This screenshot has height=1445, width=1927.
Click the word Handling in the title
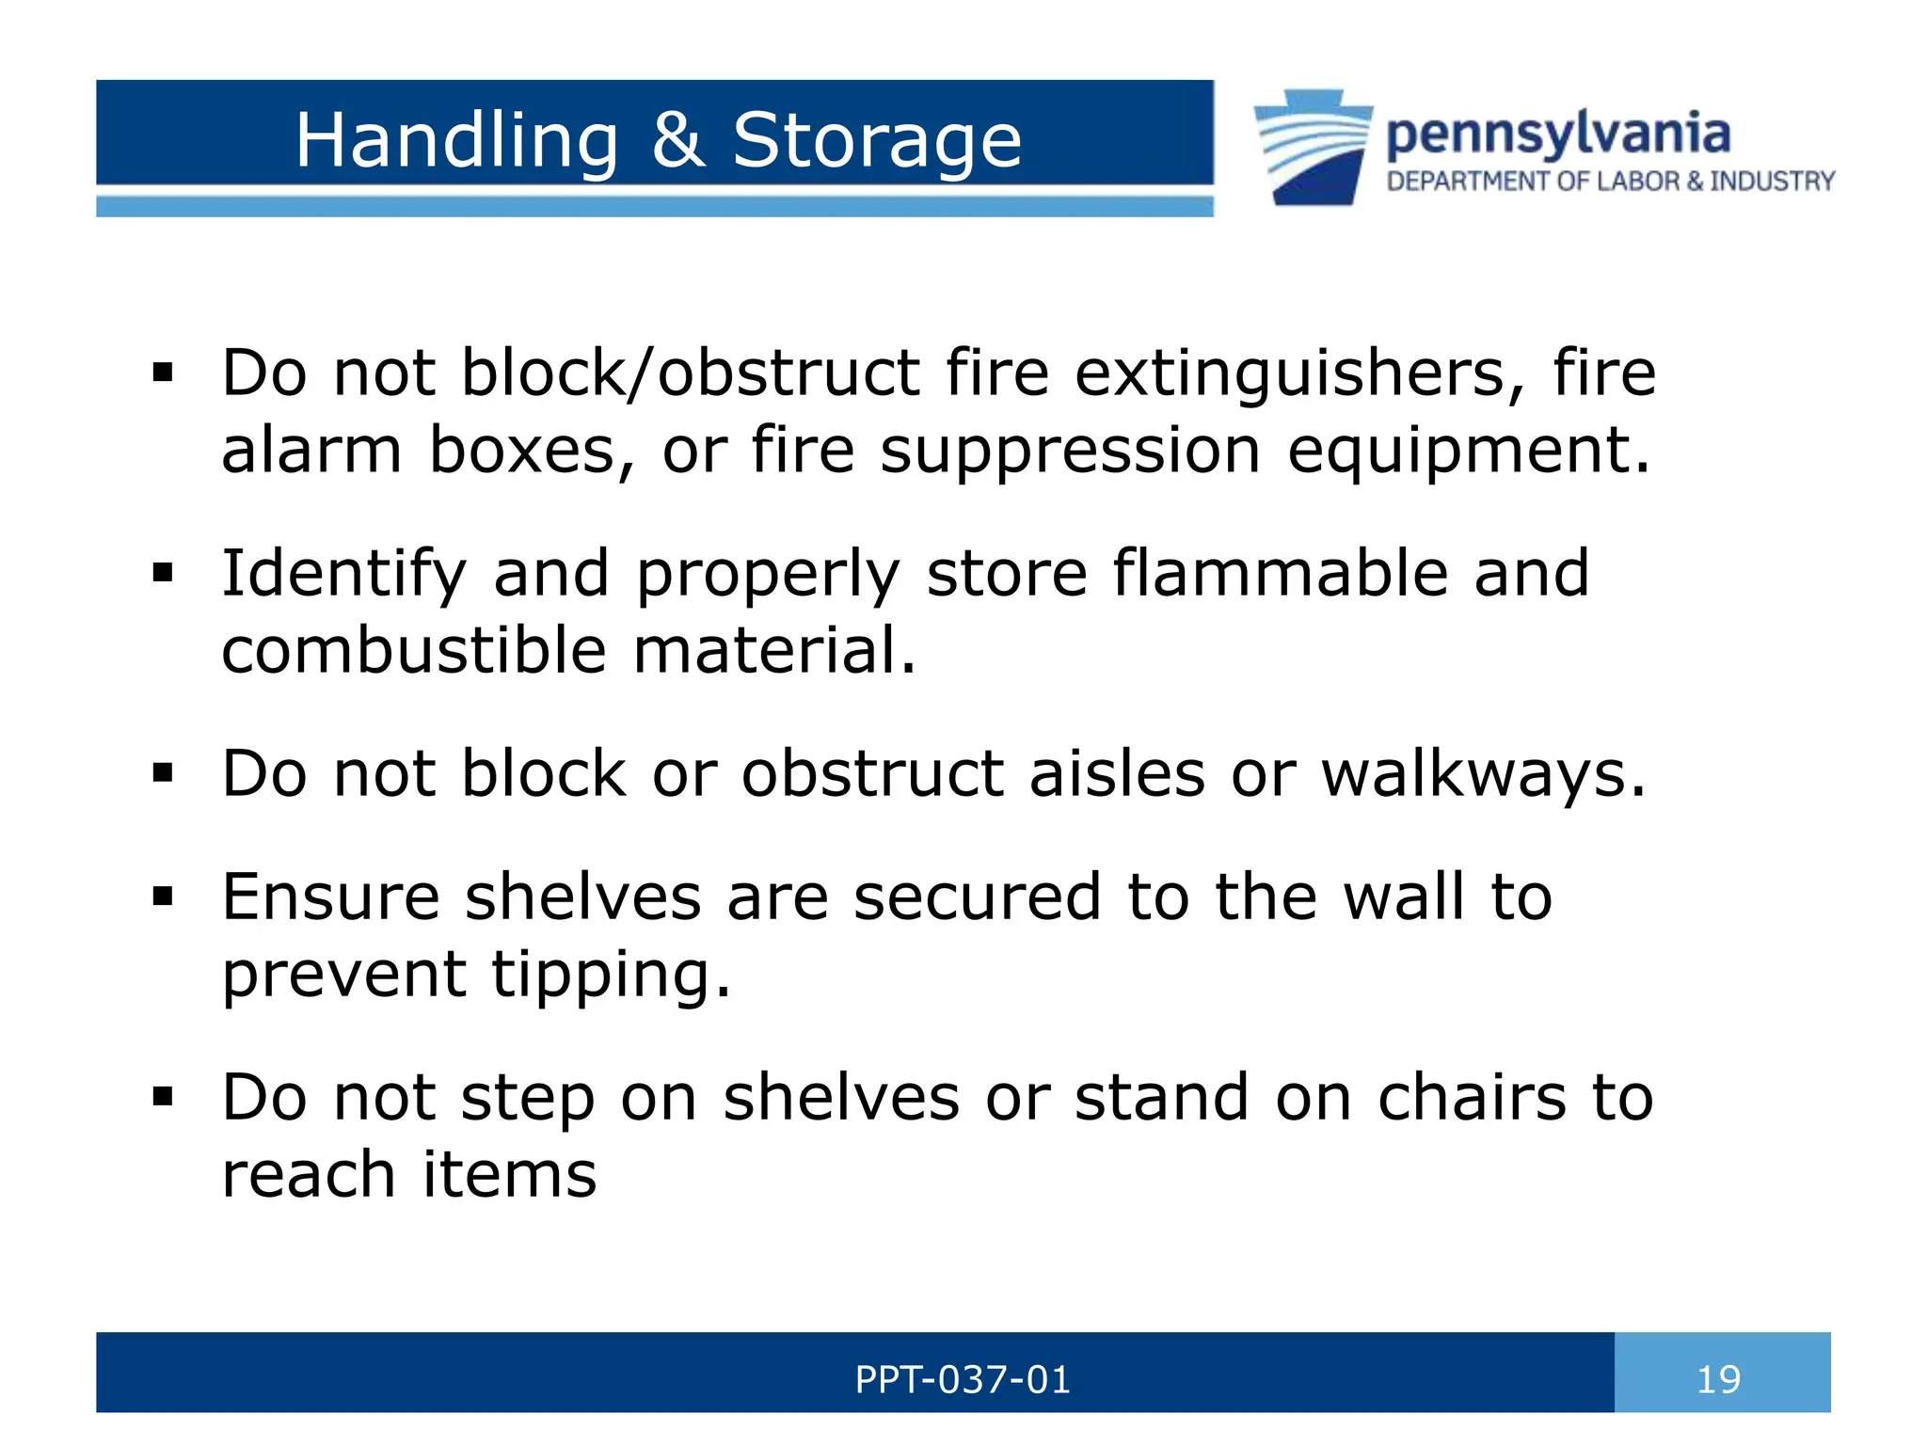[x=456, y=141]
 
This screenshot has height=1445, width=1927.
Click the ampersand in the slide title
[x=677, y=141]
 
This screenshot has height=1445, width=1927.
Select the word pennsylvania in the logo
[x=1558, y=135]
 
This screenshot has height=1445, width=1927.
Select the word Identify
[x=344, y=575]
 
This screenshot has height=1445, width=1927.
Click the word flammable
[x=1280, y=573]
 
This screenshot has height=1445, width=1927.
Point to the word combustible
[x=414, y=651]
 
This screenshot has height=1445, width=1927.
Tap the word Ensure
[x=330, y=897]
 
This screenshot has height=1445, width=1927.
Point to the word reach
[x=309, y=1175]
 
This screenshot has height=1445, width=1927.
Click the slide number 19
[x=1718, y=1380]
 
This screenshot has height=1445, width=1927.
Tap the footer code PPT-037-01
[x=963, y=1380]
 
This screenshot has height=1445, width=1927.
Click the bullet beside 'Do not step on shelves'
[x=163, y=1097]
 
